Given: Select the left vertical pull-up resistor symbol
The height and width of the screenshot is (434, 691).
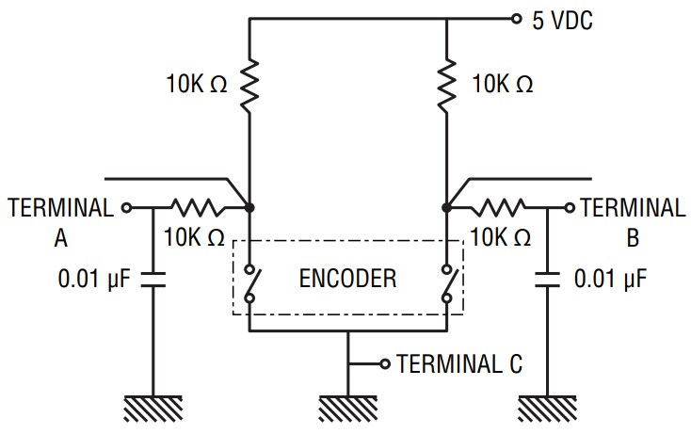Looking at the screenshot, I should pyautogui.click(x=249, y=84).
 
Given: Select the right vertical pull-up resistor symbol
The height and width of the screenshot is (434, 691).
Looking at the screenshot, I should pyautogui.click(x=446, y=84).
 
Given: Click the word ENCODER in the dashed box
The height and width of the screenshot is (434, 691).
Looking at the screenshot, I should pyautogui.click(x=347, y=279).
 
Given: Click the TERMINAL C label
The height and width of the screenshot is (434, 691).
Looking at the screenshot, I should pyautogui.click(x=459, y=363).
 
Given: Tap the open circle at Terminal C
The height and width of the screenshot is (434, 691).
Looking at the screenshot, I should pyautogui.click(x=384, y=363).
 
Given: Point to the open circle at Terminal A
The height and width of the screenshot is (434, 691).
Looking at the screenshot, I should pyautogui.click(x=125, y=206).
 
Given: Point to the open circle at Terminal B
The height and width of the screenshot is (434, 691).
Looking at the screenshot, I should pyautogui.click(x=570, y=206).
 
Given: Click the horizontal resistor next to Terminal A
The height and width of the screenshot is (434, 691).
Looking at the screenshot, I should pyautogui.click(x=195, y=206).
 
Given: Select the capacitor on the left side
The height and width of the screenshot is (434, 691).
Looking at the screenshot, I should pyautogui.click(x=154, y=278).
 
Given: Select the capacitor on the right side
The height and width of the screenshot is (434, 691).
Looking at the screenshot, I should pyautogui.click(x=546, y=278).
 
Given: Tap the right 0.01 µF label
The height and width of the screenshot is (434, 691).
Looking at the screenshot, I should pyautogui.click(x=611, y=279).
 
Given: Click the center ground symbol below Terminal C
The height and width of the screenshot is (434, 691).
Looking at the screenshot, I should pyautogui.click(x=349, y=407).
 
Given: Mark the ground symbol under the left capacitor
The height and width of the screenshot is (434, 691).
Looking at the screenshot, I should pyautogui.click(x=154, y=407).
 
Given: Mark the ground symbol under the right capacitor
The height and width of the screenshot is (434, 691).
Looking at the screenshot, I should pyautogui.click(x=546, y=407).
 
